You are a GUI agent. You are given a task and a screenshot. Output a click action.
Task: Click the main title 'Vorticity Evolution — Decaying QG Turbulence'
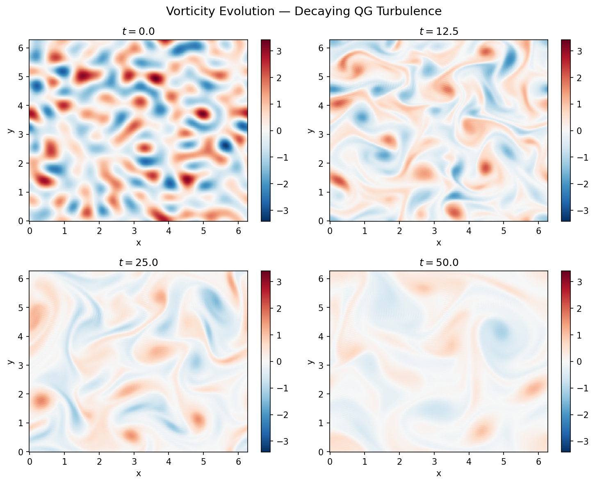coord(303,11)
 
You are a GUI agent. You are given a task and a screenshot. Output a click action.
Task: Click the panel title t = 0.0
coord(138,32)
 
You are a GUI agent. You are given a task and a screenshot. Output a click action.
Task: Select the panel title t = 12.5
coord(438,32)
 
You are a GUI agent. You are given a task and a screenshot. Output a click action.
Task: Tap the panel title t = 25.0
coord(138,263)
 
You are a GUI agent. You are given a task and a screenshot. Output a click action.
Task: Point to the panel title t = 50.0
coord(438,263)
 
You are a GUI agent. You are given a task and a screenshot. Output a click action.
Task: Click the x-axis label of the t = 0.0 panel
coord(138,243)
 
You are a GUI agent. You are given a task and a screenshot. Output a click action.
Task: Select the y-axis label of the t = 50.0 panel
coord(311,361)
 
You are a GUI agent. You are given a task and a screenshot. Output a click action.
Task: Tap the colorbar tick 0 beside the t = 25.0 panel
coord(280,362)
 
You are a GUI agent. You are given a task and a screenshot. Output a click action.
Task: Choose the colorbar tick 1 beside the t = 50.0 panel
coord(580,335)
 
